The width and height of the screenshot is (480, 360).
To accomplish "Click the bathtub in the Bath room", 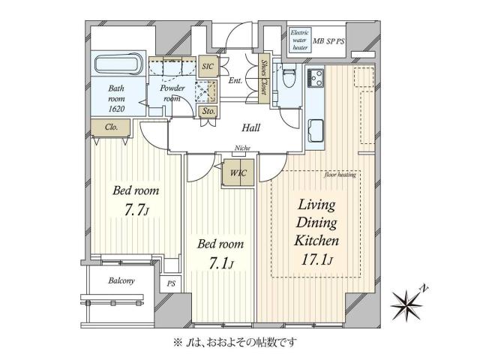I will tap(115, 65).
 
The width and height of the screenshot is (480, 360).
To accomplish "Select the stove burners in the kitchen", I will tap(316, 76).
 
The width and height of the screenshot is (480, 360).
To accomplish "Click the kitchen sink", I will tap(316, 130).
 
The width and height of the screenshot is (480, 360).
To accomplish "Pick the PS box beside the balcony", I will tap(171, 284).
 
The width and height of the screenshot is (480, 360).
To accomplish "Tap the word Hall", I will tap(250, 128).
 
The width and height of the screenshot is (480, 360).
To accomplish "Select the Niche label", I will tap(241, 148).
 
